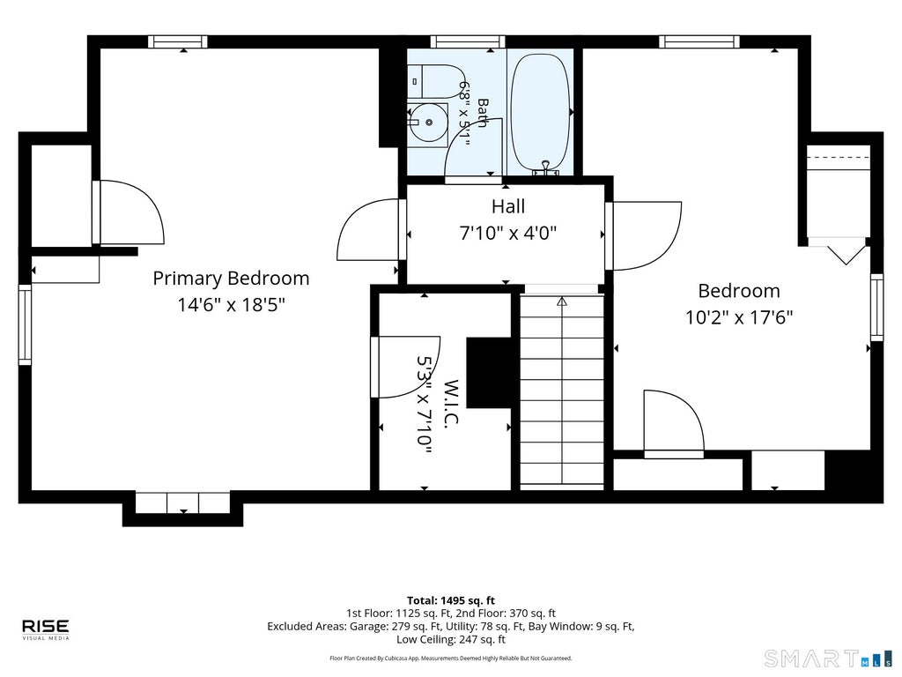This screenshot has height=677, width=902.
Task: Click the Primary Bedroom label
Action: coord(231,279)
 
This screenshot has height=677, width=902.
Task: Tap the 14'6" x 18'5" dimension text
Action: coord(232,304)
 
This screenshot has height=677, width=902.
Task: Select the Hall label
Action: coord(508,206)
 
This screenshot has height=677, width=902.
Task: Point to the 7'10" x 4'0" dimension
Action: coord(508,233)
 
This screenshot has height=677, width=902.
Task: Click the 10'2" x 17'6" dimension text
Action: coord(739,317)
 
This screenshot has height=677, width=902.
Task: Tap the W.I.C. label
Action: coord(451,402)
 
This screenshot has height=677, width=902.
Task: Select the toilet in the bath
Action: coord(437,81)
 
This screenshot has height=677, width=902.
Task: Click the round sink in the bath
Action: coord(429,122)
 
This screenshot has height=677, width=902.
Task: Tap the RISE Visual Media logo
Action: coord(46,629)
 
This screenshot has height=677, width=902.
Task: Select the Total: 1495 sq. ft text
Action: coord(451,601)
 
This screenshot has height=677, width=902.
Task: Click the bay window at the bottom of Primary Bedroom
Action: coord(183,502)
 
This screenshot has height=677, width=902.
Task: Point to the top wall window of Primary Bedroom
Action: coord(178,41)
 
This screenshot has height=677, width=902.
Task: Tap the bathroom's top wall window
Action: coord(468,41)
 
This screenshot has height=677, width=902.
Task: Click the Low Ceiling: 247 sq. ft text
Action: coord(451,640)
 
